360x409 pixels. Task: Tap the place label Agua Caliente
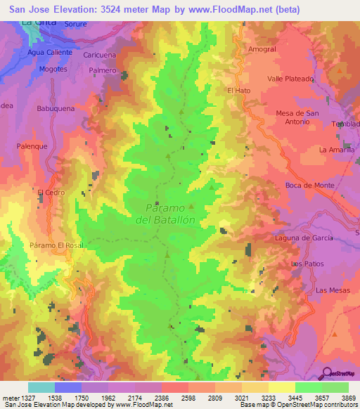pyautogui.click(x=46, y=53)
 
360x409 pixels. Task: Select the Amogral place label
pyautogui.click(x=262, y=49)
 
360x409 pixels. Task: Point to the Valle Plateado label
pyautogui.click(x=290, y=79)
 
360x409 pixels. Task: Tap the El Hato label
pyautogui.click(x=239, y=91)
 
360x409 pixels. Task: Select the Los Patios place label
pyautogui.click(x=307, y=264)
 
